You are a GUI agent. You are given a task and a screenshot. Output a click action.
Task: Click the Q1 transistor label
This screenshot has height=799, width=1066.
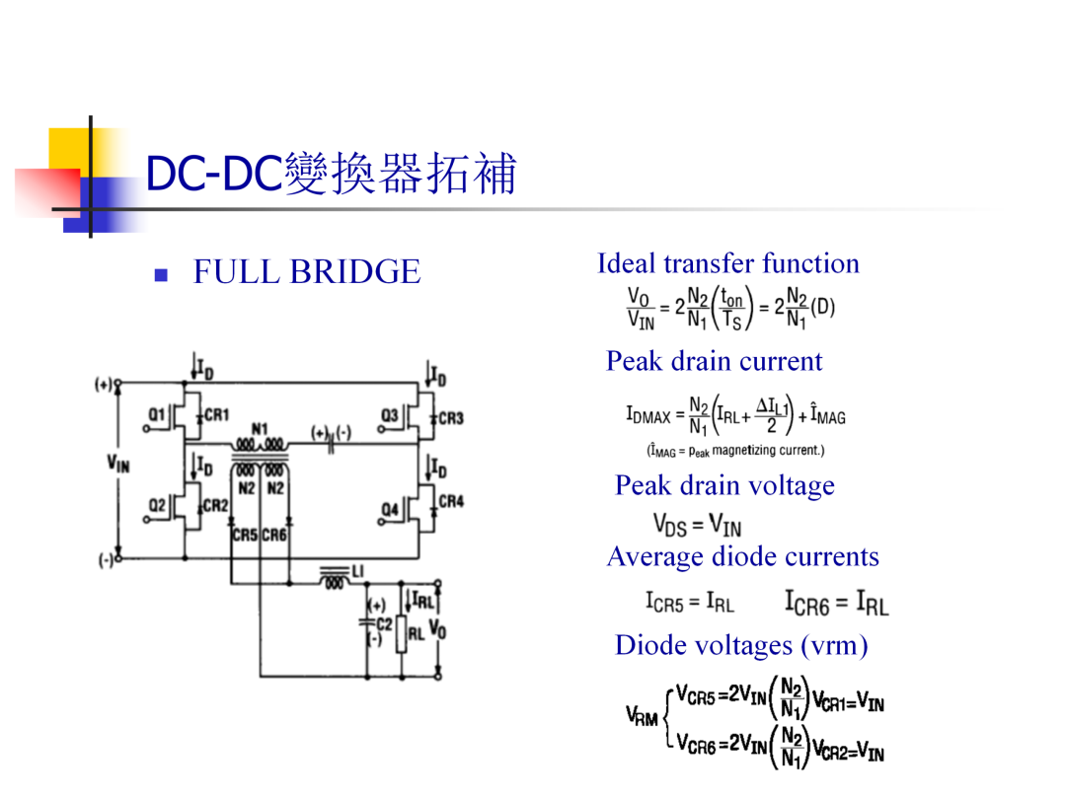[156, 414]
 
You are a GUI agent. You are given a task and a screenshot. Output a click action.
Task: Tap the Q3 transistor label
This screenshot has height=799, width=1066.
[390, 414]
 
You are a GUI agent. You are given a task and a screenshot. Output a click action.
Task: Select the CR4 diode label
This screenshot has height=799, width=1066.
[451, 501]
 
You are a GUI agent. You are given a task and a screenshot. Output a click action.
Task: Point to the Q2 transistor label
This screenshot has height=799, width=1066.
[157, 505]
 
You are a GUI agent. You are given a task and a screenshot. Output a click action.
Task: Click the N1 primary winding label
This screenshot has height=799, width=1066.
[260, 429]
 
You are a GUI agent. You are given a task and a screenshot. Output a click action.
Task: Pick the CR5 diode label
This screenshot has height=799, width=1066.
[245, 536]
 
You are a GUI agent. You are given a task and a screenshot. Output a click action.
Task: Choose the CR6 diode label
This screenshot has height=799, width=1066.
[274, 536]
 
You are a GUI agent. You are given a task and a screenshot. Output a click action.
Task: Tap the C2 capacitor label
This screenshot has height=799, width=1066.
[384, 623]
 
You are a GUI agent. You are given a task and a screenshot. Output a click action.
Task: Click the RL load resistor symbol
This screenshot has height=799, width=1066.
[401, 633]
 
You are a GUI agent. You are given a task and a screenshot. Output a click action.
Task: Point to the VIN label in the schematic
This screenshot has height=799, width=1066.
[118, 465]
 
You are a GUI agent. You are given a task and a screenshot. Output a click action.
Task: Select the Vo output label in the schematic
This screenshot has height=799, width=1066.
[438, 629]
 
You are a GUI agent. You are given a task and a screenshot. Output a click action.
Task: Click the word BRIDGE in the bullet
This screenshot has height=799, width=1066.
[355, 272]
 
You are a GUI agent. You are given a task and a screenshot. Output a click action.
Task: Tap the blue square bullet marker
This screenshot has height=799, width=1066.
[161, 274]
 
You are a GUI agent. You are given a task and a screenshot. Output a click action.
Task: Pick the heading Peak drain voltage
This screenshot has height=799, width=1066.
[724, 485]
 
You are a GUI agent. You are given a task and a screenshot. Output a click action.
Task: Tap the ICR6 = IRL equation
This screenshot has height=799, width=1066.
[837, 603]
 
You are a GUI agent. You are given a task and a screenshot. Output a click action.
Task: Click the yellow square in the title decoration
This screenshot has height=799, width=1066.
[69, 149]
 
